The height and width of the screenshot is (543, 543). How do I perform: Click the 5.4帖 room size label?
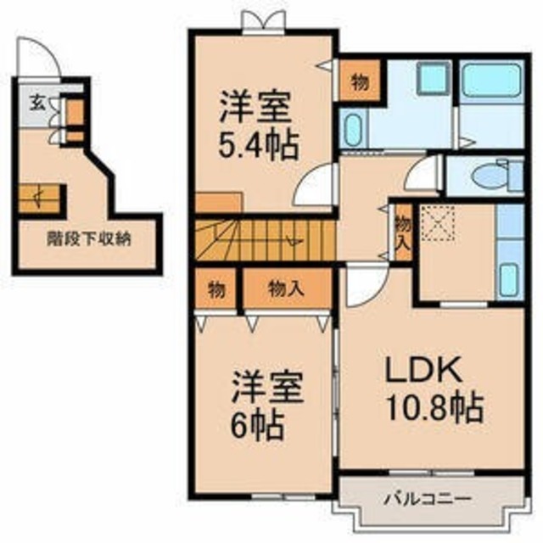(x=259, y=146)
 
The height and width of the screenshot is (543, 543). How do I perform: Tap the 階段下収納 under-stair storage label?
(x=87, y=238)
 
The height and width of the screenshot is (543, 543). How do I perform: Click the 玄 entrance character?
(x=37, y=104)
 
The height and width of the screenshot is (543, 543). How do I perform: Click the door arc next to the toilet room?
(x=422, y=176)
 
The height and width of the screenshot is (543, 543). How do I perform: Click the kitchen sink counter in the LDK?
(x=509, y=255)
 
